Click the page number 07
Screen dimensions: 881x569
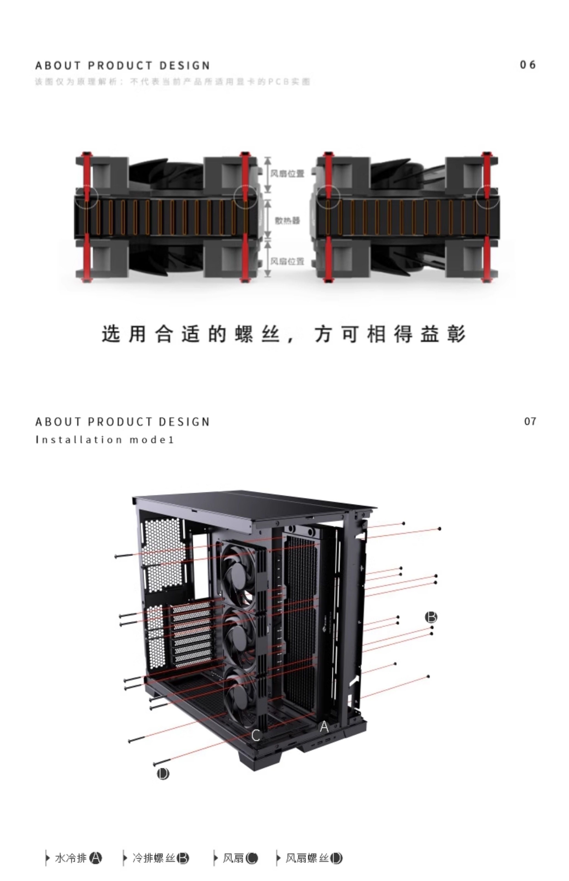point(530,421)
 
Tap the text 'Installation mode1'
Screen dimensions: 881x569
point(105,440)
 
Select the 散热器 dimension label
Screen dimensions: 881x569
point(287,220)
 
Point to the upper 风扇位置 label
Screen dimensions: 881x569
point(287,174)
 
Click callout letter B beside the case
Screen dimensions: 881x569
point(431,617)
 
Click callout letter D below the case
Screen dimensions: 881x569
point(163,774)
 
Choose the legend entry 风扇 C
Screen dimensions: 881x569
point(240,858)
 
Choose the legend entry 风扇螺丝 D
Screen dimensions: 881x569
point(313,858)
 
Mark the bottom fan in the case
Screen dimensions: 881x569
point(240,694)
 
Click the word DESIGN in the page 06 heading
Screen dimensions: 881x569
point(185,66)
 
